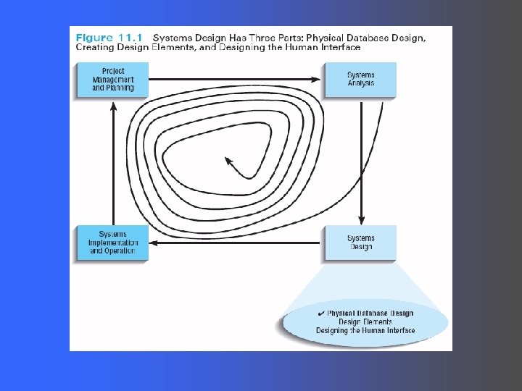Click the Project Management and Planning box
point(112,80)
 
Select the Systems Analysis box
point(360,80)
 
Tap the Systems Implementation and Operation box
point(112,243)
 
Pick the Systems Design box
point(360,243)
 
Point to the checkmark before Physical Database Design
point(321,313)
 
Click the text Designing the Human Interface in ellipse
point(365,331)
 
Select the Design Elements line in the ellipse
point(365,322)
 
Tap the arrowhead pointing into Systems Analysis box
point(318,79)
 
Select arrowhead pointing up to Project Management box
point(113,106)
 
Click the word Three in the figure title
point(273,37)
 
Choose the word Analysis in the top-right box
point(360,84)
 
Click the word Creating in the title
point(95,47)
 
